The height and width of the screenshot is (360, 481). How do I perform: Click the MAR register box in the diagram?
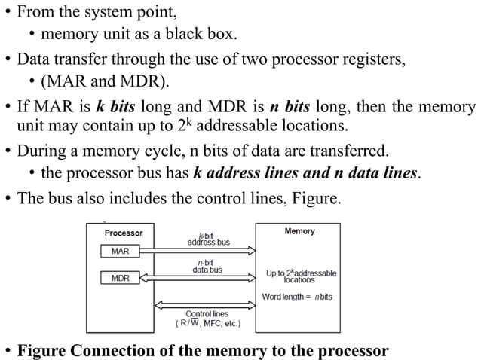click(x=120, y=251)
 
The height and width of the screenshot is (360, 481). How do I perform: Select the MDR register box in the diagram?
click(x=120, y=278)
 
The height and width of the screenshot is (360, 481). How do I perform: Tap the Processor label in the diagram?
click(x=124, y=233)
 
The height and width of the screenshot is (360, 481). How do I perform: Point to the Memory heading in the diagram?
click(x=299, y=231)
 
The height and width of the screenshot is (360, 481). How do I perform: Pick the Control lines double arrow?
click(x=205, y=305)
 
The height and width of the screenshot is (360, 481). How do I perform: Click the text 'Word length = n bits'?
click(x=297, y=297)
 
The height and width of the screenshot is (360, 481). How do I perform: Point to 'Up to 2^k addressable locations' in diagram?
click(x=301, y=276)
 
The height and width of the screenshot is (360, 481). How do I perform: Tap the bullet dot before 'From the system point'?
click(x=7, y=12)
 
